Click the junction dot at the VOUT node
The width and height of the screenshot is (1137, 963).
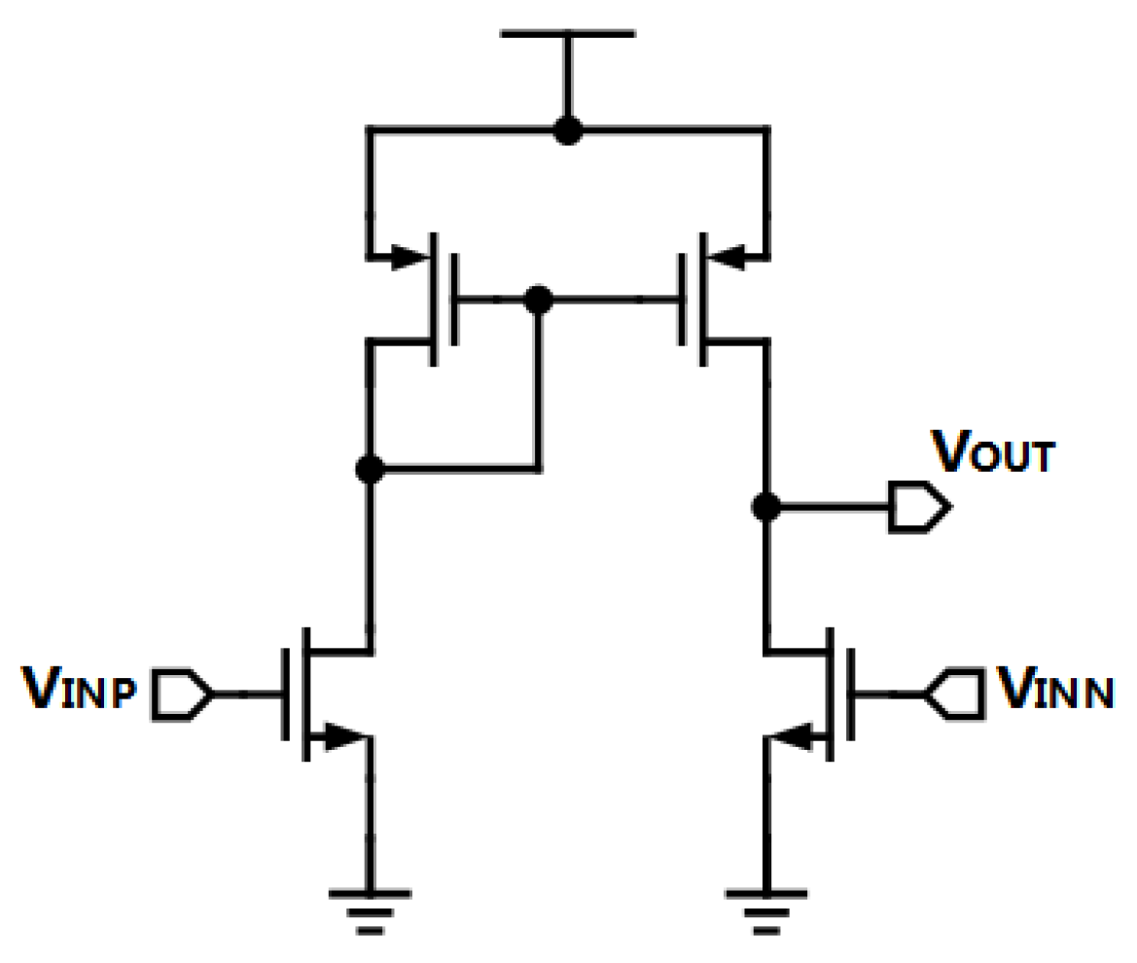click(766, 507)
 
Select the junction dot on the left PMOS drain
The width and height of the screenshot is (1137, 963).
click(369, 470)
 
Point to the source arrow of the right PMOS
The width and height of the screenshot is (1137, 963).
click(726, 259)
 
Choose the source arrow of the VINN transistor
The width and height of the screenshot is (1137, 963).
click(796, 737)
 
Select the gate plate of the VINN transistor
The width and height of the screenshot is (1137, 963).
click(852, 695)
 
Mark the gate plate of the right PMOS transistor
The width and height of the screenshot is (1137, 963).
click(681, 300)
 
